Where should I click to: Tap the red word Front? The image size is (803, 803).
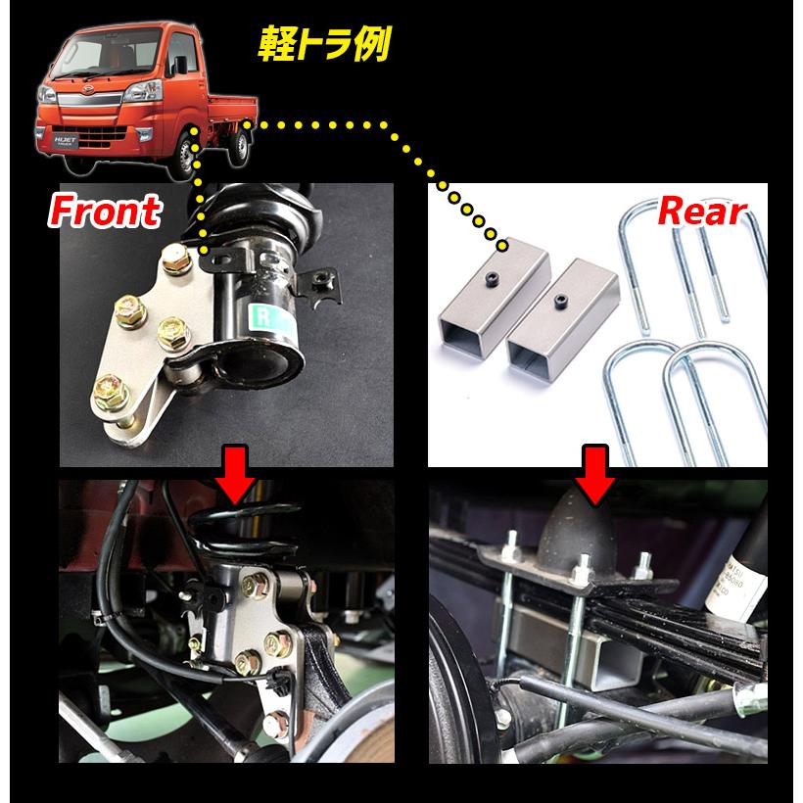coord(105,211)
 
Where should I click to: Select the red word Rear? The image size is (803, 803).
coord(702,211)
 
